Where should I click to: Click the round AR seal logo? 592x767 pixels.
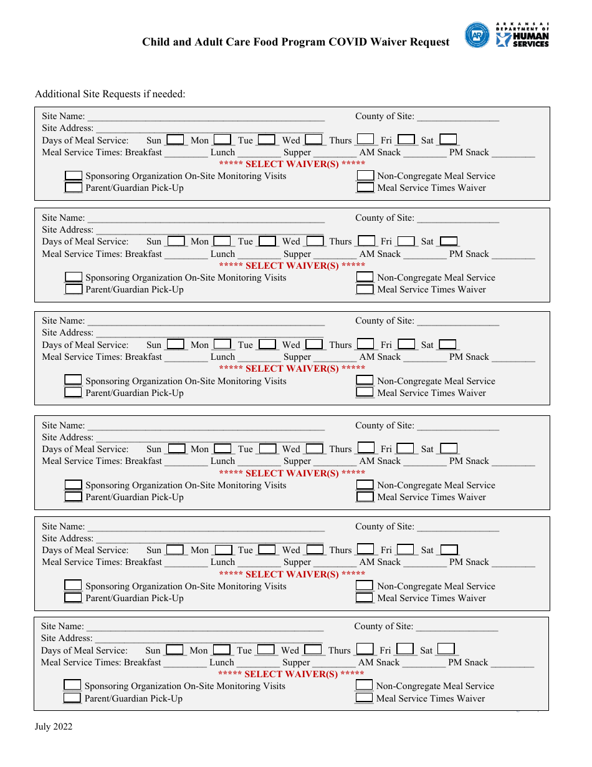pos(477,36)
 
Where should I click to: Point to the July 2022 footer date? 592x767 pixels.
pos(54,726)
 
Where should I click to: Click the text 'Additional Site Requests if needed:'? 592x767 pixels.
pos(110,94)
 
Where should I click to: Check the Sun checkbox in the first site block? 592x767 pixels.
pos(176,140)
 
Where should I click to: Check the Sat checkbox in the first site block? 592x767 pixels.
pos(448,140)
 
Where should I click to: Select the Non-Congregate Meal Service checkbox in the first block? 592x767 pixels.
pos(365,176)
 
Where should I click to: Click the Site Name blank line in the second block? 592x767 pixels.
pos(206,218)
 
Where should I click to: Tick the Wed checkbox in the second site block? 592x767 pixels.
pos(315,241)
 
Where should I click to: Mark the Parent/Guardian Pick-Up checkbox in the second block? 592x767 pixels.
pos(74,289)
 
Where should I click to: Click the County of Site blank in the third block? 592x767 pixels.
pos(458,321)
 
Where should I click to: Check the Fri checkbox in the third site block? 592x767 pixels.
pos(406,344)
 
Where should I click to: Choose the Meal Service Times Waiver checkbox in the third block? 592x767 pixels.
pos(365,393)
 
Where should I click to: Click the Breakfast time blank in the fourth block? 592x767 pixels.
pos(186,462)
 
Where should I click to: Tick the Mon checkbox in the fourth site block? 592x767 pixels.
pos(222,448)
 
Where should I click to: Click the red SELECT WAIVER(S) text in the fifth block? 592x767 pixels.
pos(292,574)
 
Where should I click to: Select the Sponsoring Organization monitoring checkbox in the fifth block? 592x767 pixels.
pos(74,586)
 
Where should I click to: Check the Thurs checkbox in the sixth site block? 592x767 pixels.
pos(365,650)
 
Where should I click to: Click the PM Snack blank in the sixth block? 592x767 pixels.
pos(512,663)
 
